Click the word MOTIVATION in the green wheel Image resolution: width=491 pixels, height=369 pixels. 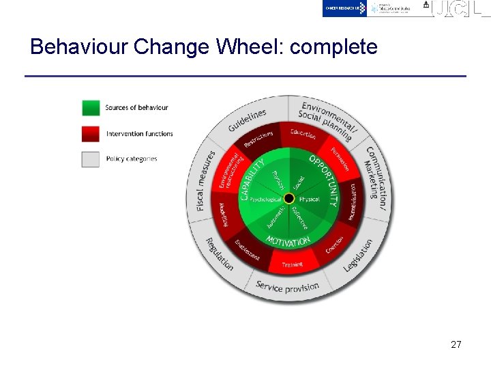pos(288,241)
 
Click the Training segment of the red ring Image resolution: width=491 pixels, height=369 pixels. pos(292,264)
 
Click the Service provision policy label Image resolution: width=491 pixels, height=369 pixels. pos(287,287)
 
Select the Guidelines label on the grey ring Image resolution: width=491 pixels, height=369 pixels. pos(247,120)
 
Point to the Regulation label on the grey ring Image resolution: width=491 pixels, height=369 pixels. pos(220,254)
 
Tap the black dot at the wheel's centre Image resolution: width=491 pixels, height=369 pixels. pos(288,199)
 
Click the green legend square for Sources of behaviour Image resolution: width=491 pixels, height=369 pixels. pos(91,108)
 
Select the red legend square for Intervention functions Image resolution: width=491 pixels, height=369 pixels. pos(91,133)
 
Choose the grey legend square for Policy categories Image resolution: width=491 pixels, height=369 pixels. pos(91,159)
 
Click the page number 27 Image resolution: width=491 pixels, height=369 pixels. pos(456,344)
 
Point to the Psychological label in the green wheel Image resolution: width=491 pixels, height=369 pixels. pos(265,200)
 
